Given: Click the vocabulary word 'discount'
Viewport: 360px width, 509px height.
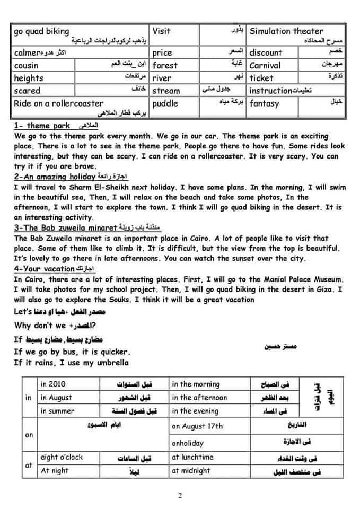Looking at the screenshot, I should coord(266,52).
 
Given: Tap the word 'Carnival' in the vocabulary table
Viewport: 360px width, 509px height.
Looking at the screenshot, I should coord(265,66).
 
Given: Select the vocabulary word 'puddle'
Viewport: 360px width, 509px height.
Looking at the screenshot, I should coord(165,103).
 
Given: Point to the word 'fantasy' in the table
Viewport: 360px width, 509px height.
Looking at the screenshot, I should coord(264,103).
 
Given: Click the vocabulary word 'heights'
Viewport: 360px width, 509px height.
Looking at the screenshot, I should coord(29,78).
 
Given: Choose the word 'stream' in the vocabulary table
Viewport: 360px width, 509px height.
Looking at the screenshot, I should coord(166,91).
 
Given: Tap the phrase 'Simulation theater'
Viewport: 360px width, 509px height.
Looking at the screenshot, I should coord(286,31).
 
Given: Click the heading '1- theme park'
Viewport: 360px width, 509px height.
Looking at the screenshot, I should coord(41,126).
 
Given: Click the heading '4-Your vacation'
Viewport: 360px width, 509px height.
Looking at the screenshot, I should coord(43,269).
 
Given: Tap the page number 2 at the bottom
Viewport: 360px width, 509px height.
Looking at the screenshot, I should coord(180,496).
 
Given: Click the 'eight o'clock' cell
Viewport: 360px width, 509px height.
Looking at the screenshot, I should coord(62,457).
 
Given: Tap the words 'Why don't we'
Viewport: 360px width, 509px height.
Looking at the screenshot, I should coord(37,326).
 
